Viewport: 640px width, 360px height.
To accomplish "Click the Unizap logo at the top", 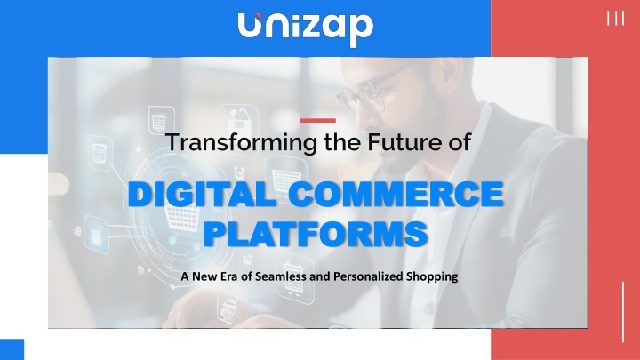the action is [x=305, y=28].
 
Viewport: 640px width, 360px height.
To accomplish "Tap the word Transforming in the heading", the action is [x=241, y=143].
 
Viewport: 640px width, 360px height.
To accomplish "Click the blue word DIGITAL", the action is [x=203, y=195].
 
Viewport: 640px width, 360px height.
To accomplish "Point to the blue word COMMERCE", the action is [x=396, y=195].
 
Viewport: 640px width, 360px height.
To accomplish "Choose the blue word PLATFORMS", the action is [x=316, y=234].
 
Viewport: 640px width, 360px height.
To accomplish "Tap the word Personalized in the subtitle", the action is [x=368, y=276].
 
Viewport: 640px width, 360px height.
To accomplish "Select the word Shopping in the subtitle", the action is [x=432, y=276].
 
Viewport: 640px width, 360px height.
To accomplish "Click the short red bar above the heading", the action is [x=318, y=120].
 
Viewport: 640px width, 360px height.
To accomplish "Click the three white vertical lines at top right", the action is [x=615, y=19].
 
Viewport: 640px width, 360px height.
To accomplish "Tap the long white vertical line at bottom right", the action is [x=623, y=312].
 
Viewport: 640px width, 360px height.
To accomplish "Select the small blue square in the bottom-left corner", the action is [x=12, y=349].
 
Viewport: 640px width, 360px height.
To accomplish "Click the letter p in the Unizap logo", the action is [x=361, y=31].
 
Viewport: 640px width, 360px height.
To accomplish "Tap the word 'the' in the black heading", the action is [x=342, y=142].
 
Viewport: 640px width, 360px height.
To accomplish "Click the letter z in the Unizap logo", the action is [x=306, y=28].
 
